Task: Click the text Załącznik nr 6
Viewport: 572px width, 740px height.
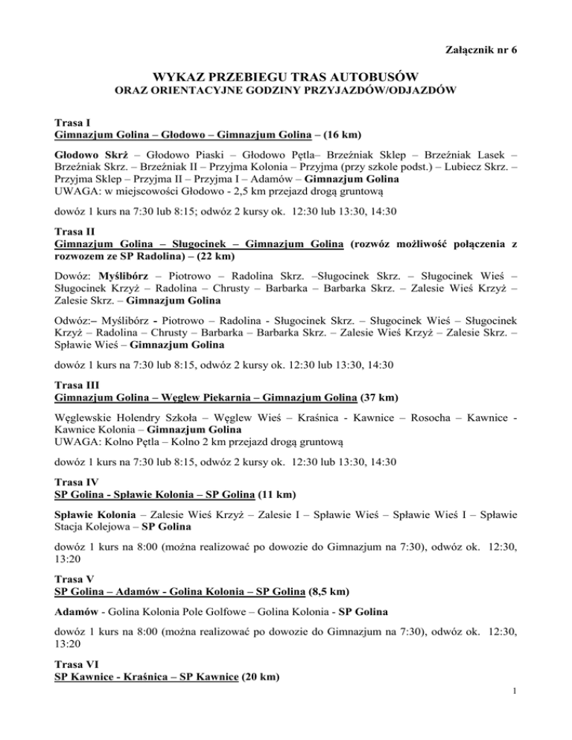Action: point(481,50)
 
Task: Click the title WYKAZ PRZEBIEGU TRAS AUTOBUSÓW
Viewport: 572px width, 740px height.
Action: point(287,77)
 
